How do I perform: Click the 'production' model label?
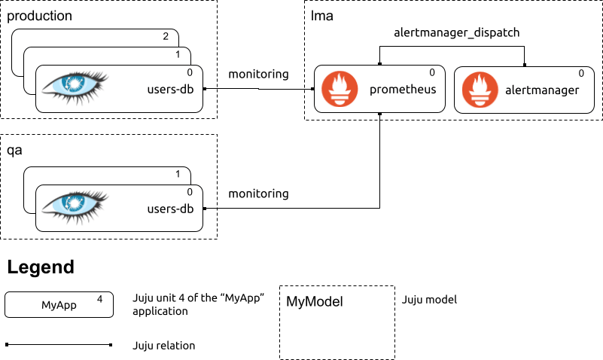pos(39,16)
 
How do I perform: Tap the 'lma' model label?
pos(322,16)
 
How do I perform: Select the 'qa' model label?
pos(14,151)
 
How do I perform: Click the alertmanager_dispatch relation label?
pos(456,32)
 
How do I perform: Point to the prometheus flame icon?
pos(340,89)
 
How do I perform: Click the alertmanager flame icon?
pos(480,90)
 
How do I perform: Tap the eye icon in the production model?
pos(75,87)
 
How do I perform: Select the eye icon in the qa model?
pos(75,207)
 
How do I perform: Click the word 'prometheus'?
pos(403,90)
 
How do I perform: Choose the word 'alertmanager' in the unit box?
pos(542,90)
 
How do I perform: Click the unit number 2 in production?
pos(166,36)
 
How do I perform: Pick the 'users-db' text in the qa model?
pos(170,209)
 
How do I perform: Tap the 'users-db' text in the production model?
pos(170,89)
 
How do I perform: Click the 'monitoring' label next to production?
pos(258,74)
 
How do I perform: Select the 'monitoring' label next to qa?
pos(258,194)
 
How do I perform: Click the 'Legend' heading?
pos(41,267)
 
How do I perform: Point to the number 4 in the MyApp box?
pos(99,299)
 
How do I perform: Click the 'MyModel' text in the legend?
pos(315,301)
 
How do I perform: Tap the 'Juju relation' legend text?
pos(164,346)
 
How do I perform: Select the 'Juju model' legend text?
pos(429,300)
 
